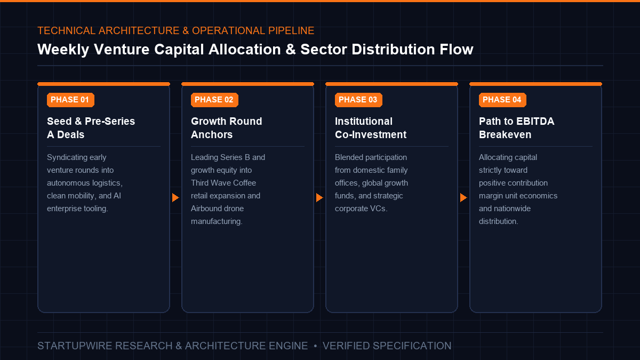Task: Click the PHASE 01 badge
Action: [x=70, y=100]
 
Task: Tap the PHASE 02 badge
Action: [x=214, y=100]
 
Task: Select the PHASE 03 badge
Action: [x=358, y=100]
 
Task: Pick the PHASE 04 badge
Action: [x=502, y=100]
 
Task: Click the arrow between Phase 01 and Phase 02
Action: [x=175, y=197]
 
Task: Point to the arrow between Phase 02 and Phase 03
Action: [x=319, y=197]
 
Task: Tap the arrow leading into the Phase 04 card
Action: [x=463, y=197]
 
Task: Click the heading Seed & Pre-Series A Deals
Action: [x=91, y=128]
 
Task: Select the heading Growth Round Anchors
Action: [x=226, y=128]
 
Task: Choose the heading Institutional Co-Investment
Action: [x=371, y=128]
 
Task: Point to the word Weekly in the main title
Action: [x=63, y=50]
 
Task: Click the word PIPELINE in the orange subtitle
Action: [x=291, y=30]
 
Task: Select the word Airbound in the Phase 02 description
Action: [x=205, y=209]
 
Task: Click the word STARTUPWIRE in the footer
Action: [x=75, y=346]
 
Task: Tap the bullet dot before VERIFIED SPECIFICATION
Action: [x=315, y=346]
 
